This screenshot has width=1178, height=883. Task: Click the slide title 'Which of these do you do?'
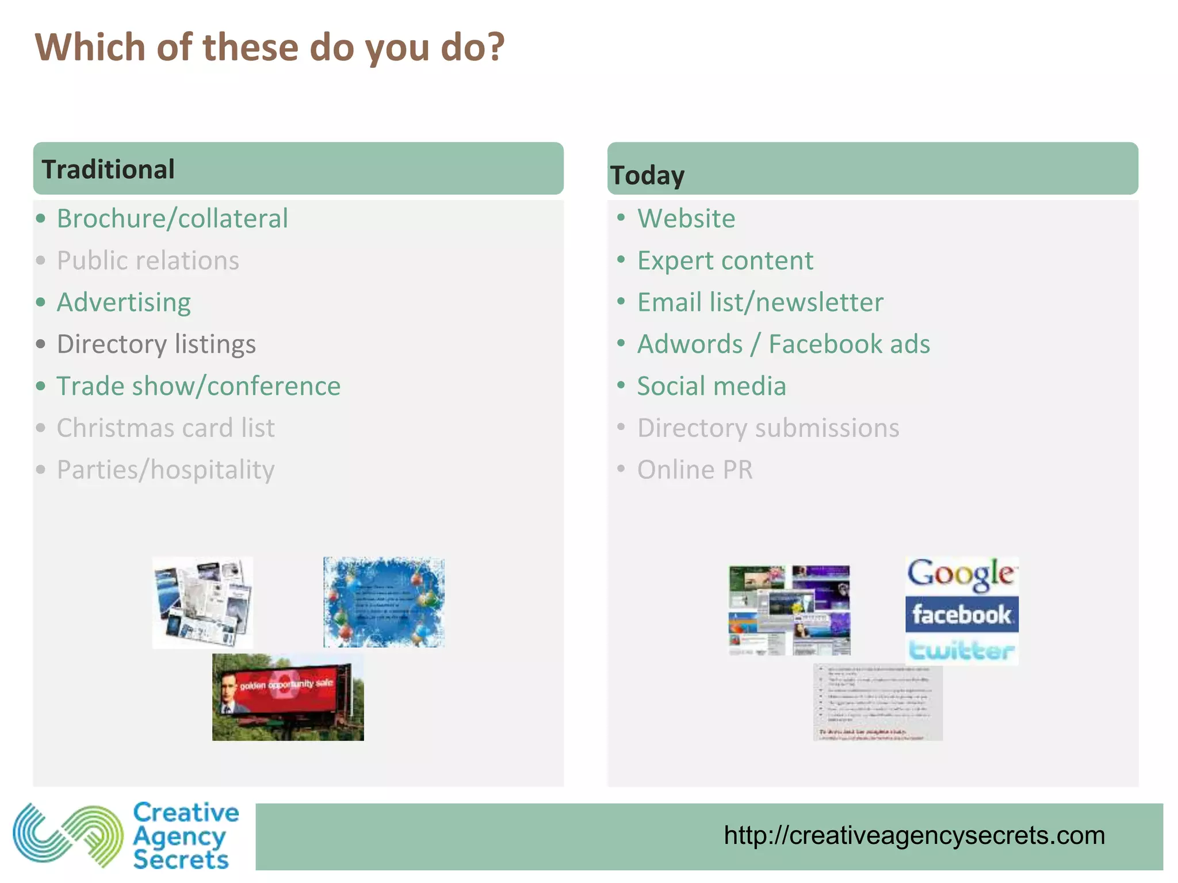269,47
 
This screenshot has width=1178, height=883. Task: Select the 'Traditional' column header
108,170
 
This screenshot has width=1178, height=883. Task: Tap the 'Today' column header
647,175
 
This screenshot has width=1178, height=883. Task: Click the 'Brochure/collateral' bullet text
172,218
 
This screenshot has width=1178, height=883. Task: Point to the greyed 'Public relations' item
148,260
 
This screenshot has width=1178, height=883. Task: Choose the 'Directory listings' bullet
156,344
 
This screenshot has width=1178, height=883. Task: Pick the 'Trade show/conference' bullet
198,386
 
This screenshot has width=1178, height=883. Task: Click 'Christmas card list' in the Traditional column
166,428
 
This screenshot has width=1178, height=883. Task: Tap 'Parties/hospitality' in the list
166,470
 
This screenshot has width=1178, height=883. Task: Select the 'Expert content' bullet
725,260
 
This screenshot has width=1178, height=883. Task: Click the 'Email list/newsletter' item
760,302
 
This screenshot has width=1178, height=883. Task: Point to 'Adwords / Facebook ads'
783,344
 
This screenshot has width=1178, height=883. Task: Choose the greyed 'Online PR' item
694,470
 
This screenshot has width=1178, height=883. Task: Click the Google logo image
961,575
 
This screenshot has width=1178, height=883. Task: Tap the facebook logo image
961,614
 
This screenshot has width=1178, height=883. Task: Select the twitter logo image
961,650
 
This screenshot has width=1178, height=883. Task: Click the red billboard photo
288,697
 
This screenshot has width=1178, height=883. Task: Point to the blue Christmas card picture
384,602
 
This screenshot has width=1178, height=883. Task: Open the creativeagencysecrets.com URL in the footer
914,835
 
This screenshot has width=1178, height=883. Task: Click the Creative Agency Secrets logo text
185,836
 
